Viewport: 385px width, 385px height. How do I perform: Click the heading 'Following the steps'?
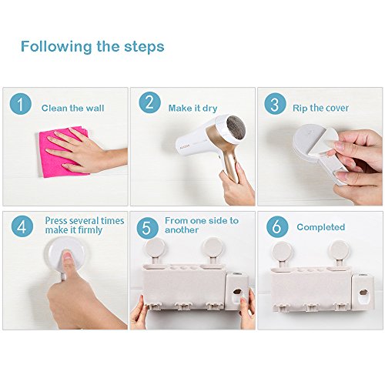click(x=92, y=46)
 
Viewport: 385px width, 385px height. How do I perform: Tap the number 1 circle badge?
click(x=21, y=104)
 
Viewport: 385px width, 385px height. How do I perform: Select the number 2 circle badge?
click(x=150, y=102)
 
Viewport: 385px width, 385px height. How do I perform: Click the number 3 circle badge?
click(x=275, y=104)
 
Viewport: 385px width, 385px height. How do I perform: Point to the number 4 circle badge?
click(x=22, y=226)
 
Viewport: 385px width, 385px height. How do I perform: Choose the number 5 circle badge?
click(x=147, y=228)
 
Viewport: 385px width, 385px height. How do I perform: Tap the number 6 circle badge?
click(x=277, y=226)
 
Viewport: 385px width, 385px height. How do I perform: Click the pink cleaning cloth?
click(x=64, y=152)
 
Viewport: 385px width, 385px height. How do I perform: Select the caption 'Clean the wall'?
click(x=73, y=108)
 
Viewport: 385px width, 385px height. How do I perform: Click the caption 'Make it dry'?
click(x=192, y=109)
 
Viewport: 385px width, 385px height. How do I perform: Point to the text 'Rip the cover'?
click(x=320, y=108)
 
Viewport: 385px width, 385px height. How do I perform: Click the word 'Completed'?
click(x=321, y=227)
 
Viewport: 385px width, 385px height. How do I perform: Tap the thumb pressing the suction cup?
click(x=68, y=262)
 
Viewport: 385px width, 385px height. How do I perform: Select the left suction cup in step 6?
click(x=282, y=251)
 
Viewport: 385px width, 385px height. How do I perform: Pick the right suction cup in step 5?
click(x=213, y=247)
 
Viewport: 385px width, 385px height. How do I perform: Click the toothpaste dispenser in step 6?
click(x=363, y=292)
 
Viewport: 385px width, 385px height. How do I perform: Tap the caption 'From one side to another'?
click(x=202, y=225)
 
